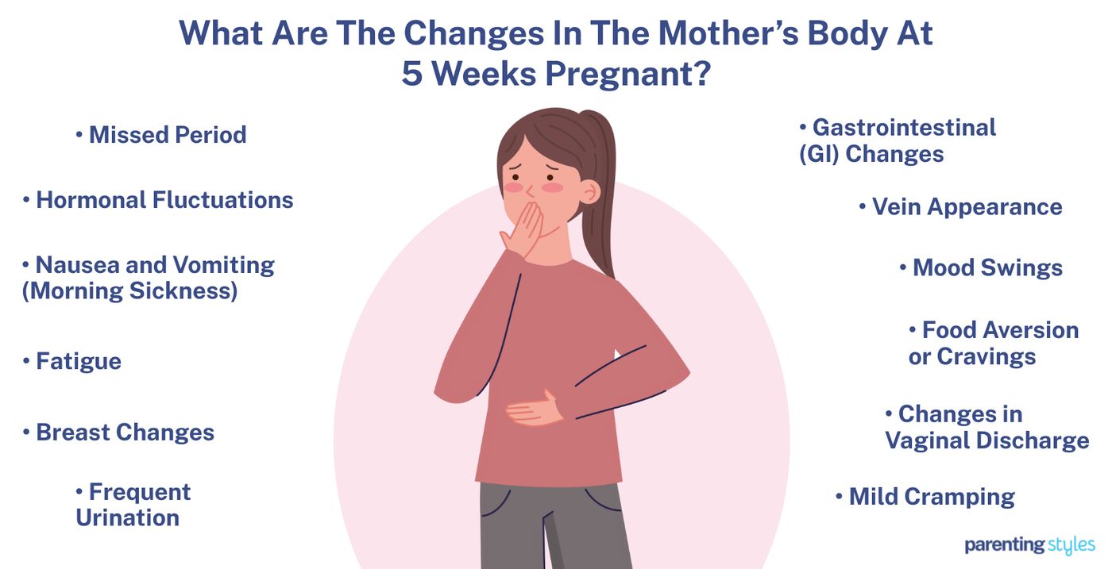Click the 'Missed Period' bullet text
(167, 135)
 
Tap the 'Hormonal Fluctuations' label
(164, 200)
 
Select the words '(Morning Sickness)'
(129, 291)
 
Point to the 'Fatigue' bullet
(78, 362)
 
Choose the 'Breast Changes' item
(125, 433)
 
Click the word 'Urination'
(127, 518)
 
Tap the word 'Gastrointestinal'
(904, 128)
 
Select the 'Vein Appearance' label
(966, 207)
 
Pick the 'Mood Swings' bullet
(987, 267)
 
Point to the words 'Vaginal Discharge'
(987, 440)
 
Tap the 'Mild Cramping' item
(931, 498)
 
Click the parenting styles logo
(1029, 545)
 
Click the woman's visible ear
(589, 190)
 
